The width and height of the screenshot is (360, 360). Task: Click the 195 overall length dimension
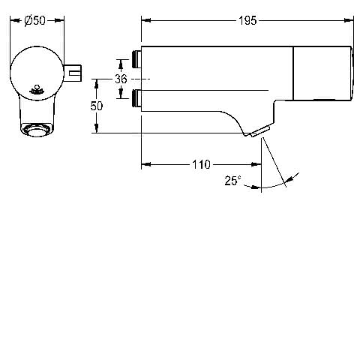pyautogui.click(x=247, y=20)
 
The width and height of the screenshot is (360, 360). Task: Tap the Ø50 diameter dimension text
pyautogui.click(x=35, y=20)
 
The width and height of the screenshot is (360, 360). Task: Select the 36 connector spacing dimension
pyautogui.click(x=121, y=79)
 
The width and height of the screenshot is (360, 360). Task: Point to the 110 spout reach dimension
pyautogui.click(x=201, y=164)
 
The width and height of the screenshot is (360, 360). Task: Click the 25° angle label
pyautogui.click(x=232, y=181)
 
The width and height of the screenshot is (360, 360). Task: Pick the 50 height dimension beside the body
pyautogui.click(x=97, y=106)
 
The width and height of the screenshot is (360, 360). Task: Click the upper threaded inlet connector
pyautogui.click(x=136, y=59)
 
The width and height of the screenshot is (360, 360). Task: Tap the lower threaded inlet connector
pyautogui.click(x=136, y=98)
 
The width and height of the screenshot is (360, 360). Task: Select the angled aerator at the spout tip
pyautogui.click(x=260, y=132)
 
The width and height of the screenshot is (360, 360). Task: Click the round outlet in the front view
pyautogui.click(x=37, y=130)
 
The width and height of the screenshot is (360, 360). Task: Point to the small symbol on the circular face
pyautogui.click(x=37, y=90)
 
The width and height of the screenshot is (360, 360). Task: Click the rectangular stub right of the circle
pyautogui.click(x=73, y=73)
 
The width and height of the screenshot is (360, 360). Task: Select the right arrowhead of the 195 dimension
pyautogui.click(x=349, y=20)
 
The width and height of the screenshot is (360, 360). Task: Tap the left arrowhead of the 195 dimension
pyautogui.click(x=146, y=20)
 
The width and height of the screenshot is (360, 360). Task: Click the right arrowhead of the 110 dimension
pyautogui.click(x=256, y=164)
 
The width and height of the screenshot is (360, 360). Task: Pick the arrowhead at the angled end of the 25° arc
pyautogui.click(x=290, y=179)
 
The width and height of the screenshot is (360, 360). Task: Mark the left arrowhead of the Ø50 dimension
pyautogui.click(x=15, y=20)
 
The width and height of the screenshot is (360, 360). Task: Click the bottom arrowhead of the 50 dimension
pyautogui.click(x=97, y=128)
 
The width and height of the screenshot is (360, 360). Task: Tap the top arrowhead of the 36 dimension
pyautogui.click(x=121, y=64)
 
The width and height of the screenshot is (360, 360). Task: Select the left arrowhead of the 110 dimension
pyautogui.click(x=146, y=164)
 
